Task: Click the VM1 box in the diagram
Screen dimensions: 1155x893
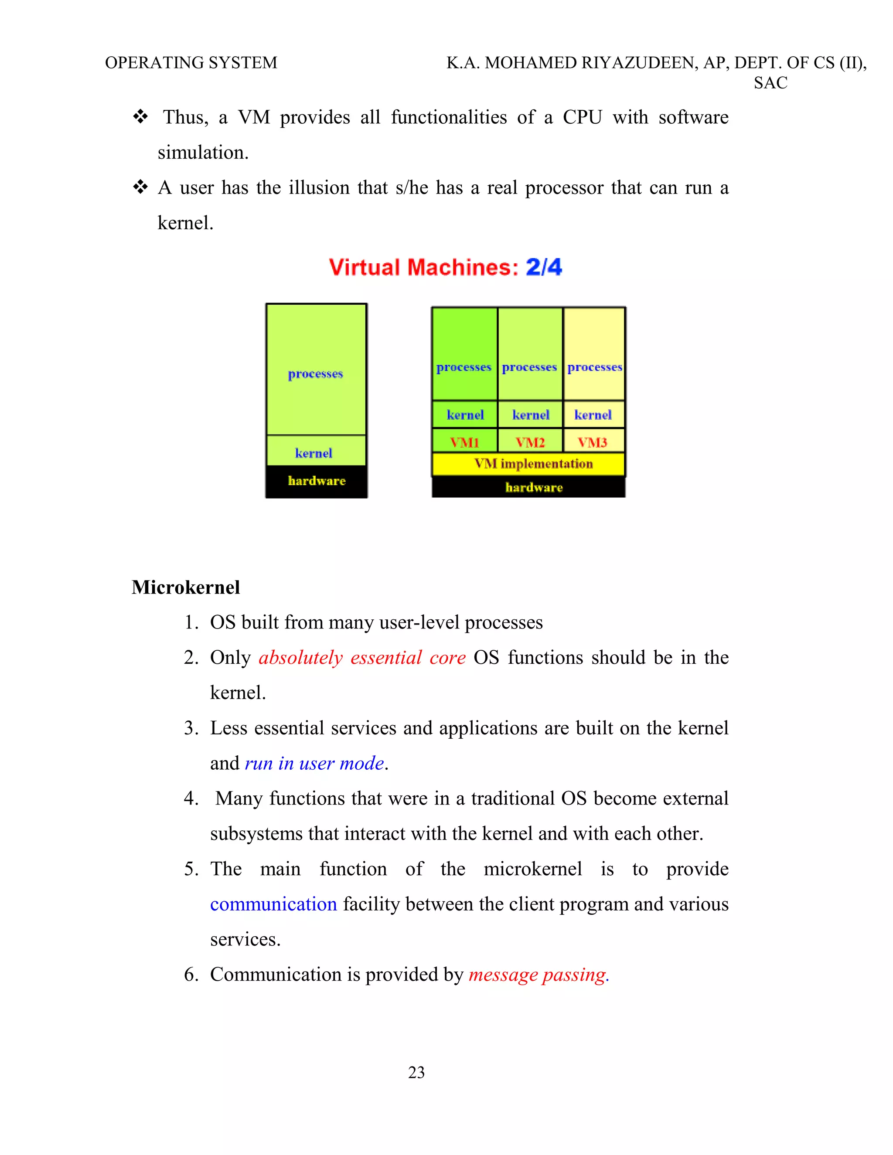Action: click(464, 442)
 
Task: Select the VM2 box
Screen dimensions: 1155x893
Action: click(530, 442)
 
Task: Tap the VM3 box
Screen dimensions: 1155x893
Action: click(593, 442)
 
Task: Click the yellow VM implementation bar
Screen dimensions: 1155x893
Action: click(533, 464)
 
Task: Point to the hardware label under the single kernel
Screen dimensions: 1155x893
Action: click(317, 481)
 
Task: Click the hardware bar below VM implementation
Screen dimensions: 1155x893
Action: click(533, 487)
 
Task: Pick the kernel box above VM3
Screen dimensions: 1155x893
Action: click(593, 414)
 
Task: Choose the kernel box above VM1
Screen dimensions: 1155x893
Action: click(464, 414)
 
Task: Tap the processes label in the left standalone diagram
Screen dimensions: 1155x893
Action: click(315, 374)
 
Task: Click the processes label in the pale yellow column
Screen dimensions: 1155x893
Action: click(595, 367)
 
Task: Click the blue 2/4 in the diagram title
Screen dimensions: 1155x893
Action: click(543, 267)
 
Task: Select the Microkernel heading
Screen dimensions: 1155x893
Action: click(186, 588)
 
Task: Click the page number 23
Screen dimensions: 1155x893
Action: click(416, 1072)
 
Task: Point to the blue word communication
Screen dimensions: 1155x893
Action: click(273, 904)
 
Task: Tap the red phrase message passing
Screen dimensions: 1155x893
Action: click(538, 975)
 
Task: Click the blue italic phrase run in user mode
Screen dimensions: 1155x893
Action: click(314, 763)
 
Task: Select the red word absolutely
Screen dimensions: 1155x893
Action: click(300, 658)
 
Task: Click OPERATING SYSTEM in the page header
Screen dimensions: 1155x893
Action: click(191, 63)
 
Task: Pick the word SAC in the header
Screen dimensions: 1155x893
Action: click(770, 83)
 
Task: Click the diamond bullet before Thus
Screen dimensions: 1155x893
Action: click(140, 116)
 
